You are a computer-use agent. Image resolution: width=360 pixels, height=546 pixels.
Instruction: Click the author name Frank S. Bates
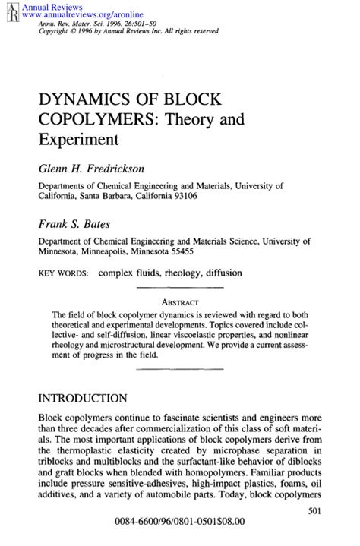pyautogui.click(x=77, y=224)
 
